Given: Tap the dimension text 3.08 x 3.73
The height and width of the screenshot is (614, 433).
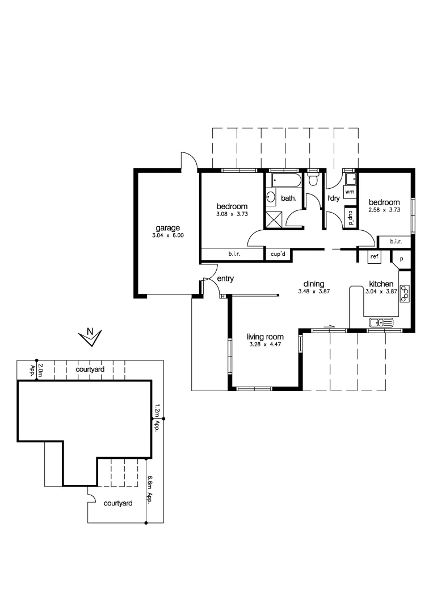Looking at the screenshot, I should tap(232, 214).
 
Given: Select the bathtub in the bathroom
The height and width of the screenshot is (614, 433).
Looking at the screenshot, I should tap(285, 181).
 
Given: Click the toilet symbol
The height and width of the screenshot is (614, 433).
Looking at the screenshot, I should tap(313, 180).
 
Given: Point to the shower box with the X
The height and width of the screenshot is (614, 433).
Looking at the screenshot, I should tap(275, 218).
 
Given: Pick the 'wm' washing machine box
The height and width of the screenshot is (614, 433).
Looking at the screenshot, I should tap(350, 192).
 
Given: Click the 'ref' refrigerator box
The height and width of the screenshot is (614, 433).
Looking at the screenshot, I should tap(374, 256).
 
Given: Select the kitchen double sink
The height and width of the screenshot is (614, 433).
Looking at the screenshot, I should tap(381, 323).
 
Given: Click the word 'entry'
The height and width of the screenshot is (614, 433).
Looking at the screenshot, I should tap(225, 279).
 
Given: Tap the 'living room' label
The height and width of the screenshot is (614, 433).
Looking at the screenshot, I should tap(265, 337).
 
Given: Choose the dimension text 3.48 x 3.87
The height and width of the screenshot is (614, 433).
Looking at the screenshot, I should tap(314, 292).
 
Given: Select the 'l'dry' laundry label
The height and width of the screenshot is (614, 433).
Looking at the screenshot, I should tap(333, 198).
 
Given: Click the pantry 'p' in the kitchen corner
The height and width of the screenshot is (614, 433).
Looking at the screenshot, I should tap(402, 258).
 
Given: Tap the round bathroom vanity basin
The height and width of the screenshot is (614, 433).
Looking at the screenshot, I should tap(271, 198).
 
